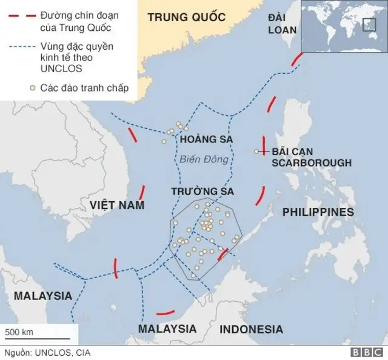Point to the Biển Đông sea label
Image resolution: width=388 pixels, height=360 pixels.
(204, 160)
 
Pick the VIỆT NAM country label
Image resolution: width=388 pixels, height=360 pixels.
(118, 205)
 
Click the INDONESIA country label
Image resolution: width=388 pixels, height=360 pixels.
(251, 330)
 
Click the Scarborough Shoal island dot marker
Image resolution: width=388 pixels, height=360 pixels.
(256, 152)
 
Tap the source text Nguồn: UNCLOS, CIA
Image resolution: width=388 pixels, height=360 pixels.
(47, 352)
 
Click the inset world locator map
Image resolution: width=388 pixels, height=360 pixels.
(343, 27)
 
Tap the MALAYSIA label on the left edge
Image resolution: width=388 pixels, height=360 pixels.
(42, 296)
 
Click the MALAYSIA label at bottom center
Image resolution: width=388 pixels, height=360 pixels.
(167, 328)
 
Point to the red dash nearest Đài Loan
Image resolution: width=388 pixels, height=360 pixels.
(297, 59)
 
